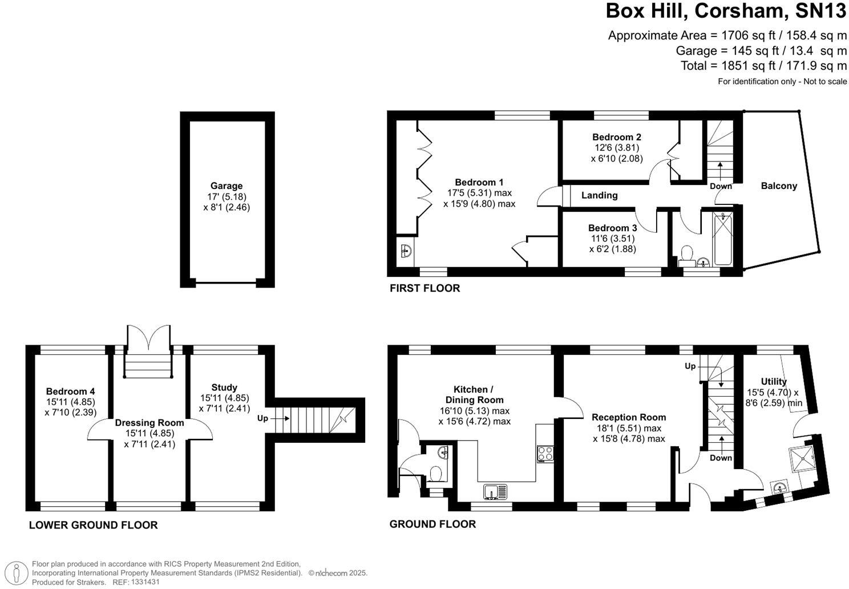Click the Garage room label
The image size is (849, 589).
227,185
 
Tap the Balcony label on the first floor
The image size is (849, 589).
778,185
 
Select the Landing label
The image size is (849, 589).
599,195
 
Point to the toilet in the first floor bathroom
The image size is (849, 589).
686,255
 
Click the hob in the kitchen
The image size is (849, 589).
545,453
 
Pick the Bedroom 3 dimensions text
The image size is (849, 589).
612,244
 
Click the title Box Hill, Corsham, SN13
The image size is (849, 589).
726,11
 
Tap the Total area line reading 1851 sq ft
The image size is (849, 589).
763,66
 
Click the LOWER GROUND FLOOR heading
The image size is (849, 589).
93,525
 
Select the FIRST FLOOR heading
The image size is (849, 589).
424,288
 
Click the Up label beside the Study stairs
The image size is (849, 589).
262,418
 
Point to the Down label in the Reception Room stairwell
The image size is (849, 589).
721,458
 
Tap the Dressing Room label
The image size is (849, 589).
149,423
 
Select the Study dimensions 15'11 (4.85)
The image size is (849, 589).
224,398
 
